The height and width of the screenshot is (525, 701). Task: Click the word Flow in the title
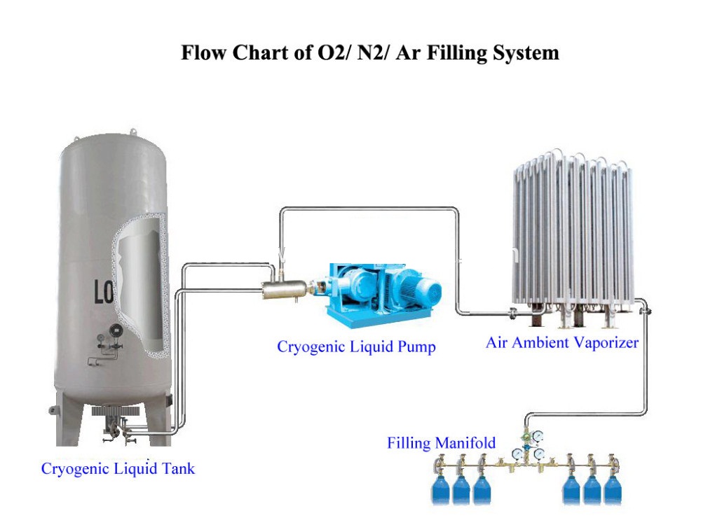pos(203,52)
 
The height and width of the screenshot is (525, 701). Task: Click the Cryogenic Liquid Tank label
pos(118,469)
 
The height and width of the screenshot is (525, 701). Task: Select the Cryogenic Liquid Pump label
pos(356,347)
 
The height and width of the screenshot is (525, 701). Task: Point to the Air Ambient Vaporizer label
pos(562,343)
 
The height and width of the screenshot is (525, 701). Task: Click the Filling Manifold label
pos(441,443)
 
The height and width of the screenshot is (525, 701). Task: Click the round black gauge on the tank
pos(116,330)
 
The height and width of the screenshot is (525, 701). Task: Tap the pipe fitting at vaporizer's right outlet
pos(644,309)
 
